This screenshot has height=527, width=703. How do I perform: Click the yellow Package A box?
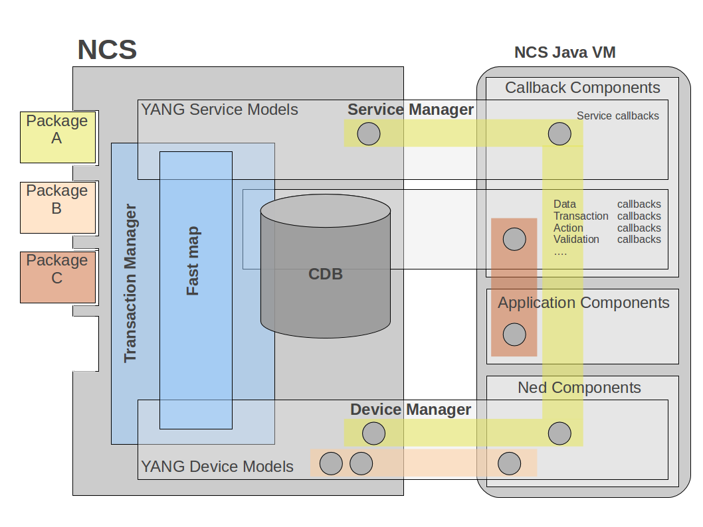click(x=57, y=137)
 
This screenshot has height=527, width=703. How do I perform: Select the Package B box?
click(x=57, y=207)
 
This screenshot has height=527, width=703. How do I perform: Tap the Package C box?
click(x=57, y=277)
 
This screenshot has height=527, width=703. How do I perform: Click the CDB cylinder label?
click(x=326, y=273)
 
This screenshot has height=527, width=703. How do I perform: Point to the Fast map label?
click(x=193, y=261)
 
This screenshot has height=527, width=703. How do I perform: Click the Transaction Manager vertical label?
click(x=130, y=283)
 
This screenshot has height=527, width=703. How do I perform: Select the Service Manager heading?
click(x=411, y=110)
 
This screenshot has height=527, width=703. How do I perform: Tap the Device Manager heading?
click(x=411, y=410)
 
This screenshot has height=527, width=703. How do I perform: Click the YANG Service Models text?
click(x=220, y=110)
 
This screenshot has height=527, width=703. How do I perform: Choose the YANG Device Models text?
click(x=217, y=467)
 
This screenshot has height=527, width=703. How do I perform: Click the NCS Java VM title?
click(x=565, y=52)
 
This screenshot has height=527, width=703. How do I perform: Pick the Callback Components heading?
click(x=583, y=88)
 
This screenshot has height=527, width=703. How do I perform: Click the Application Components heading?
click(x=583, y=303)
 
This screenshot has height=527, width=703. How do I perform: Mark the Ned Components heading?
click(x=579, y=388)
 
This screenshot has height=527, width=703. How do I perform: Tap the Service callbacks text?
click(x=618, y=116)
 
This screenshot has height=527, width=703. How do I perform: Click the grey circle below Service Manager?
click(x=369, y=134)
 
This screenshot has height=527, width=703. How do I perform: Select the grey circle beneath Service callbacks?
click(x=559, y=134)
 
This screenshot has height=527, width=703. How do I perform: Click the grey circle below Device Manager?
click(x=373, y=434)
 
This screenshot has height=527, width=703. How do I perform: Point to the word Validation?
click(x=577, y=240)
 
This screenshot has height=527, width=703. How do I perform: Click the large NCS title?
click(x=107, y=50)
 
